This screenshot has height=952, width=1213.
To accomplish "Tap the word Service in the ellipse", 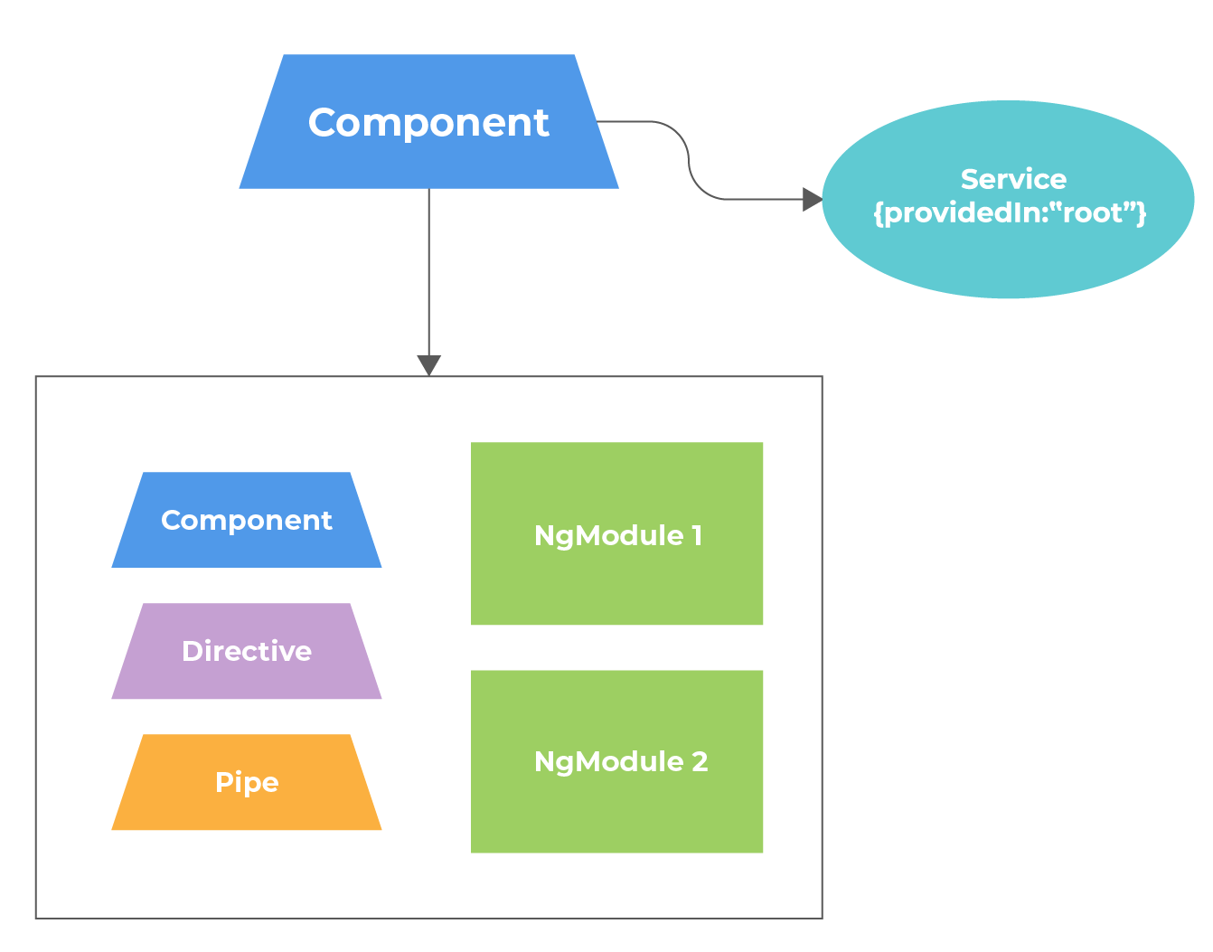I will tap(1013, 179).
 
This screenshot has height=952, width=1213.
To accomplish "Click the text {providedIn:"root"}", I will tap(1010, 212).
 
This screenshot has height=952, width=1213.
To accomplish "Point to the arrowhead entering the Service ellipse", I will tap(812, 199).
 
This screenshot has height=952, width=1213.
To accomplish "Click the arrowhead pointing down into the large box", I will tap(428, 365).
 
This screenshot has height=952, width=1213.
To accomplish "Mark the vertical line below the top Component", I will tap(428, 271).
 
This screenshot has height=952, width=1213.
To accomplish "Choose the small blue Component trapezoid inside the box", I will tap(247, 547).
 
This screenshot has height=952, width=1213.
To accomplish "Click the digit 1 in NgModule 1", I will tap(697, 535).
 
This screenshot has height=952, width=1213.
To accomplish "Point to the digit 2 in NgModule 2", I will tap(700, 761).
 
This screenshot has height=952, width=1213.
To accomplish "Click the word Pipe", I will tap(247, 782).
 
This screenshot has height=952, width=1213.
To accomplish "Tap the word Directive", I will tap(247, 651).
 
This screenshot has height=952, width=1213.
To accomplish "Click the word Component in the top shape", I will tap(428, 123).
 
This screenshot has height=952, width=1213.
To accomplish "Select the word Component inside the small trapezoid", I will tap(247, 521).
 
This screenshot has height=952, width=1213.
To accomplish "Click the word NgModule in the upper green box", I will tap(608, 535).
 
